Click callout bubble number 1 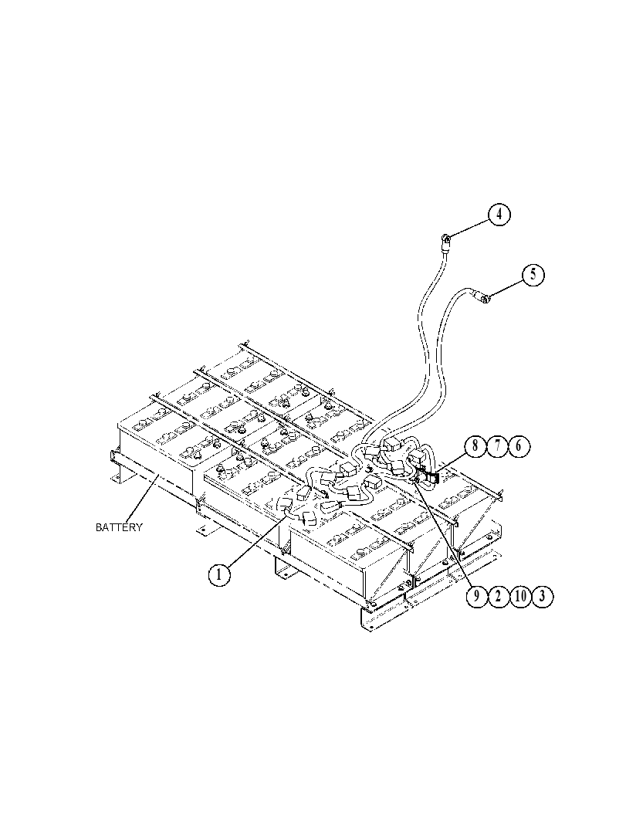tap(219, 574)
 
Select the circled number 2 tap(497, 596)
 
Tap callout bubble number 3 tap(542, 596)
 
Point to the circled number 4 tap(499, 214)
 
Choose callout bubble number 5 tap(533, 274)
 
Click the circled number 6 tap(519, 446)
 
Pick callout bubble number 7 tap(497, 446)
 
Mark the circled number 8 tap(475, 446)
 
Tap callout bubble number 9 tap(475, 596)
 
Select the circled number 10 tap(519, 596)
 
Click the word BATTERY tap(119, 527)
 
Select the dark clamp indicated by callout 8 tap(431, 476)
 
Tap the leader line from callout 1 tap(255, 540)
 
